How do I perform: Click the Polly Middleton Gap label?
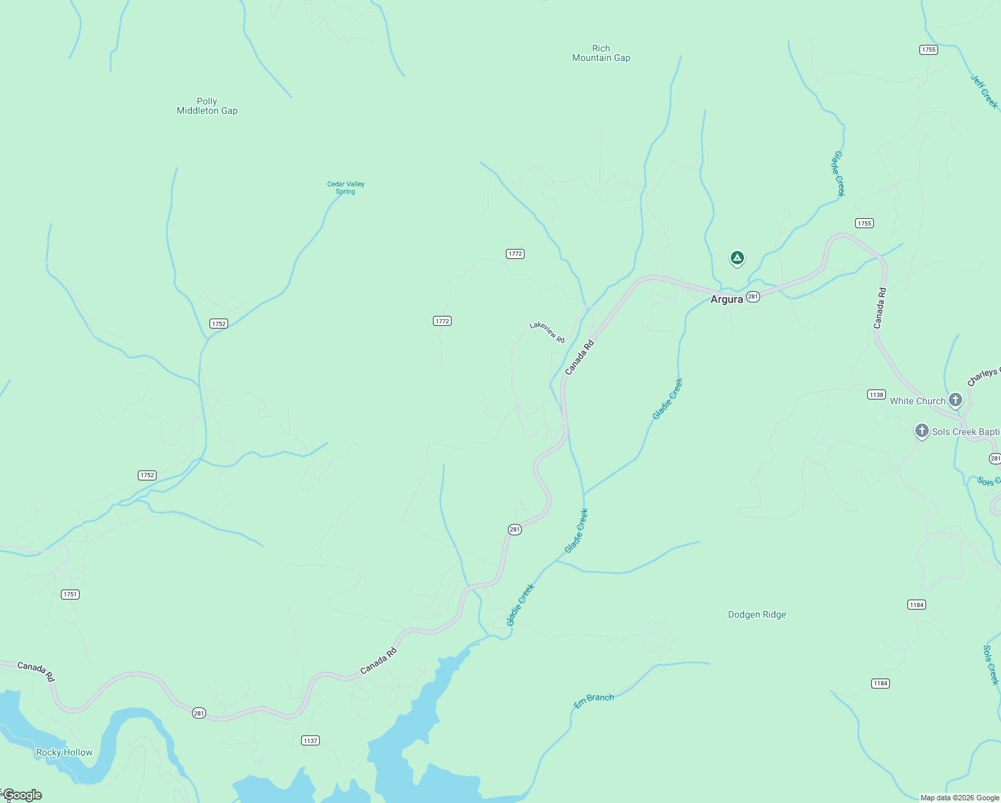(207, 106)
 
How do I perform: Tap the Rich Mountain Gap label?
(601, 54)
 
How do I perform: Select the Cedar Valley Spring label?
(345, 188)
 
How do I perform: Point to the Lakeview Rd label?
(547, 332)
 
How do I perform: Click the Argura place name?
(727, 300)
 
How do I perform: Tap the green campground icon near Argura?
(737, 258)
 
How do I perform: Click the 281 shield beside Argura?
(753, 296)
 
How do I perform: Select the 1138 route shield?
(877, 395)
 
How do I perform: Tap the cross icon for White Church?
(955, 400)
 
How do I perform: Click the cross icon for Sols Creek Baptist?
(922, 430)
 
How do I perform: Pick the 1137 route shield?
(310, 741)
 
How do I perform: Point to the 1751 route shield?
(70, 594)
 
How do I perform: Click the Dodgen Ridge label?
(757, 615)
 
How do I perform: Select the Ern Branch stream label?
(594, 701)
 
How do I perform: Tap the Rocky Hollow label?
(64, 753)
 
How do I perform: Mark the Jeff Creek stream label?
(984, 92)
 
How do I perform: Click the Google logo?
(22, 795)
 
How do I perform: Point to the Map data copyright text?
(960, 798)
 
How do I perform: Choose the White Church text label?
(917, 401)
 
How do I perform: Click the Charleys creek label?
(983, 377)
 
